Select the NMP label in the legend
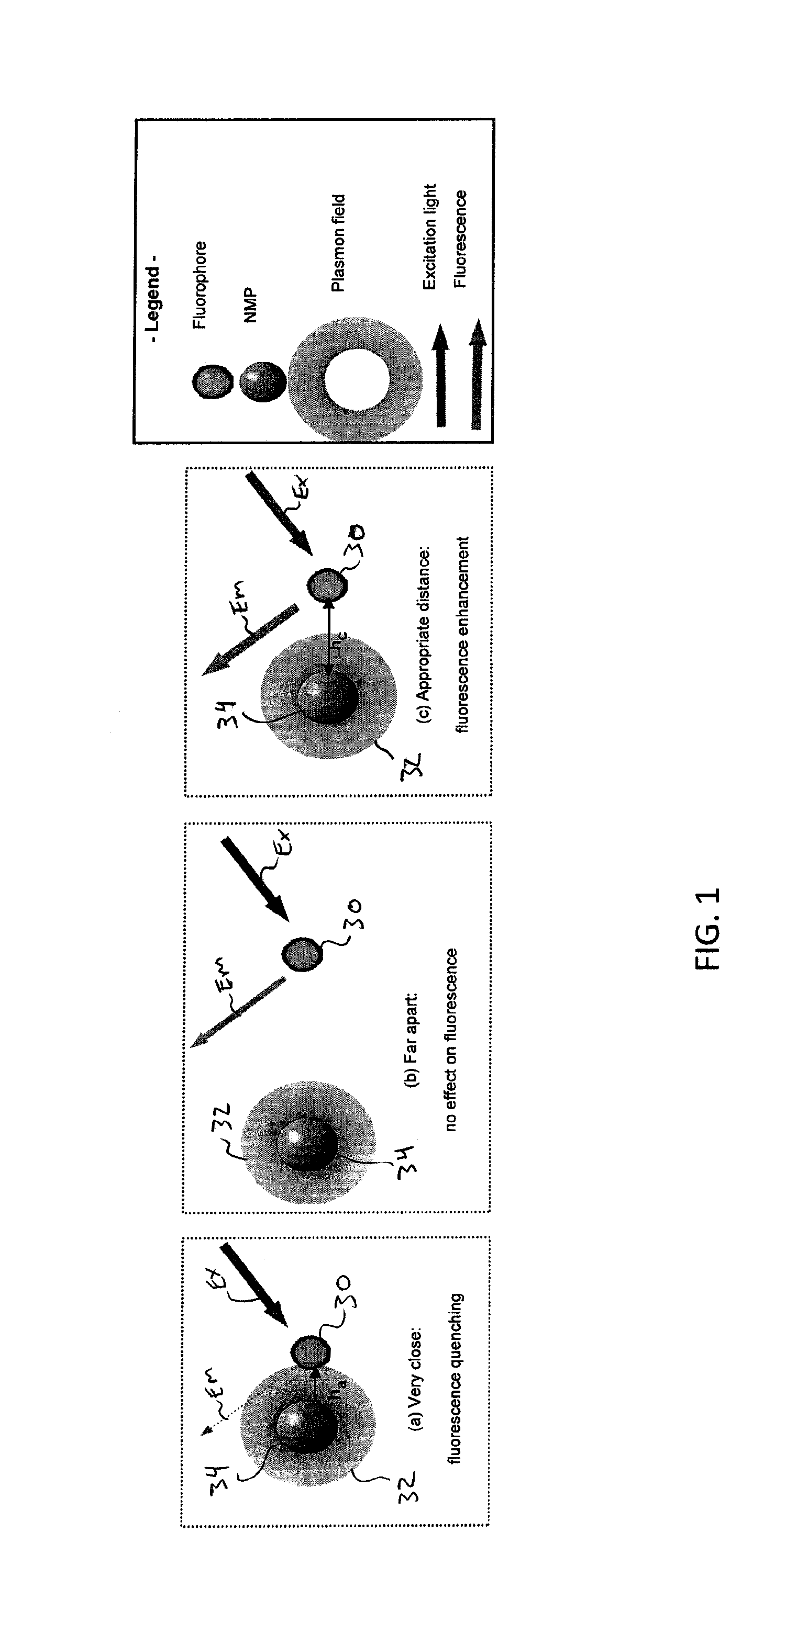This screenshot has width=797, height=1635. tap(251, 306)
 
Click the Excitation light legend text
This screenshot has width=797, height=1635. tap(430, 236)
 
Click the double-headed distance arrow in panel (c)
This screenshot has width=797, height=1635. tap(328, 638)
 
